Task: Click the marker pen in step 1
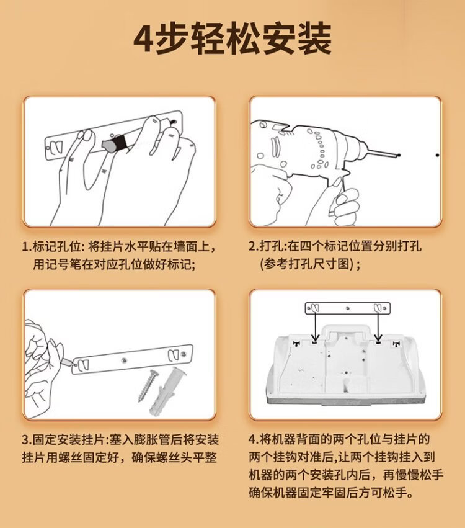click(115, 143)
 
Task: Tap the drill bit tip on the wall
click(399, 155)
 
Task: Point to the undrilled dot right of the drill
click(437, 155)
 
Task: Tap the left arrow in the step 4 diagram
click(316, 325)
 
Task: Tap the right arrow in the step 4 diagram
click(379, 325)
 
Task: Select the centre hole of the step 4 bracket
click(348, 308)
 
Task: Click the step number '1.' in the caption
click(27, 247)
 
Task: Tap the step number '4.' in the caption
click(254, 439)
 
